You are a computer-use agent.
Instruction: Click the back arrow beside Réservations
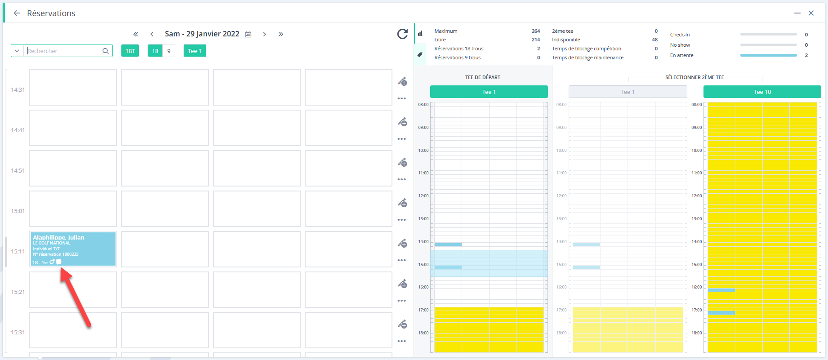coord(17,13)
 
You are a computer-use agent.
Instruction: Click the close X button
coord(811,13)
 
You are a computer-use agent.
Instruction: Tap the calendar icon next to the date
coord(248,34)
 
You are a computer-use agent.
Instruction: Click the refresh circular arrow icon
coord(402,34)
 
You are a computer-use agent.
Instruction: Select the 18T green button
coord(130,51)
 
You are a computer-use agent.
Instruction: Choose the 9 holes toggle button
coord(169,51)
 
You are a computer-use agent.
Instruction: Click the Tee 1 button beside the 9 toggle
coord(195,51)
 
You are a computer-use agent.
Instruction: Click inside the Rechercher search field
coord(63,51)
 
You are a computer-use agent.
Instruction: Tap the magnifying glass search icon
coord(106,51)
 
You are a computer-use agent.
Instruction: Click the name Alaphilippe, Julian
coord(58,237)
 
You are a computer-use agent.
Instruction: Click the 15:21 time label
coord(18,292)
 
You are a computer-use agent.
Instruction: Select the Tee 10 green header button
coord(762,92)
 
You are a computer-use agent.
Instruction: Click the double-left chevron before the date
coord(135,34)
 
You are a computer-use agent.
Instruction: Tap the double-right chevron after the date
coord(280,34)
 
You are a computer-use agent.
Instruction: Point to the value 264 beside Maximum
coord(536,31)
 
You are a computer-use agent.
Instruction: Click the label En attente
coord(681,55)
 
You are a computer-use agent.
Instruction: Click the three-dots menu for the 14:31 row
coord(402,98)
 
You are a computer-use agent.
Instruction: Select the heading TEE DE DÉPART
coord(482,77)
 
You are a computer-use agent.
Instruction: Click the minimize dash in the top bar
coord(797,13)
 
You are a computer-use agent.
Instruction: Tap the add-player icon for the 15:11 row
coord(402,243)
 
